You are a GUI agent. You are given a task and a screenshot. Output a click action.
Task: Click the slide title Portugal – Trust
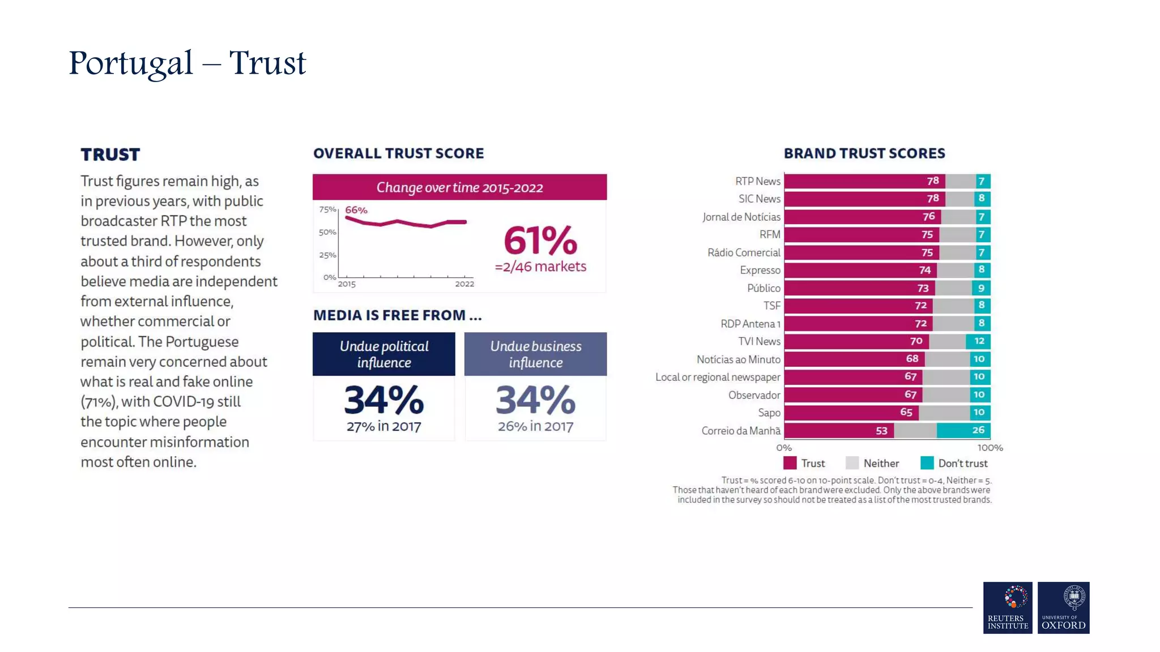(187, 63)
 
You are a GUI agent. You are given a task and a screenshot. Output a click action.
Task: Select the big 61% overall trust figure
(540, 241)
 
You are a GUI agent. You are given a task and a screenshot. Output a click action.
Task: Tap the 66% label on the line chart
(356, 210)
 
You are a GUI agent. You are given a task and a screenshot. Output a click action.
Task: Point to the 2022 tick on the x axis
(464, 284)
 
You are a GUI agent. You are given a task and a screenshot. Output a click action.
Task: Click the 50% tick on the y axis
(327, 232)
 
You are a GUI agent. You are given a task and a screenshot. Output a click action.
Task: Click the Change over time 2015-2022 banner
(459, 187)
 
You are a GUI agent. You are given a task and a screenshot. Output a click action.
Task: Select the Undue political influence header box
(384, 354)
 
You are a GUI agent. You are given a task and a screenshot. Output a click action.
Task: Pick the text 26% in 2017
(535, 426)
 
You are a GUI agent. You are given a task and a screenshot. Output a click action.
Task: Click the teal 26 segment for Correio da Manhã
(978, 430)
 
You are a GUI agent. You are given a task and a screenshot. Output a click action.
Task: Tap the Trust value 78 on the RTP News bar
(933, 181)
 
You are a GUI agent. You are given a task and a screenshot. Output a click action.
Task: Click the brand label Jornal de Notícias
(741, 217)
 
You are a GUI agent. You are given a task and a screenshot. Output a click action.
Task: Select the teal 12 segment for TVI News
(979, 341)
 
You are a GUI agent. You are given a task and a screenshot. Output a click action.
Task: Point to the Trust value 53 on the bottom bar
(881, 431)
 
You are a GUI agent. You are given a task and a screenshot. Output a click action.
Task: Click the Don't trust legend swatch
(927, 463)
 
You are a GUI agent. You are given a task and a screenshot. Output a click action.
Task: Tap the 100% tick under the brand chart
(990, 448)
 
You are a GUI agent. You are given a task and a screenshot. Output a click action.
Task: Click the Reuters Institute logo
(1008, 607)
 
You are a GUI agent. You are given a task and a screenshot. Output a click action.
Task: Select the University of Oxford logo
(1063, 607)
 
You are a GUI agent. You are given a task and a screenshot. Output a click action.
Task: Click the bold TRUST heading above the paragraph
(110, 155)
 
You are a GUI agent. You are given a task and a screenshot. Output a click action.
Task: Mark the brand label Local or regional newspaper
(718, 377)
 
